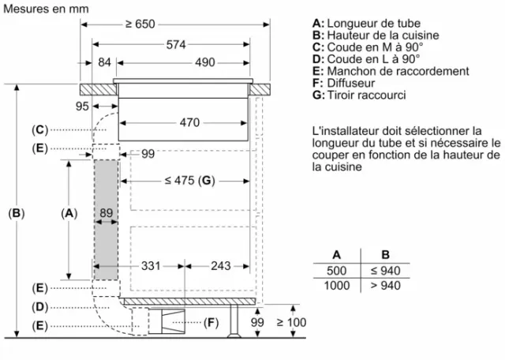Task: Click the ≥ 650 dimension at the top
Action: click(140, 24)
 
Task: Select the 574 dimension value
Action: click(176, 44)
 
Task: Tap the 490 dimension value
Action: click(205, 62)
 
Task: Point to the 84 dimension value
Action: click(104, 62)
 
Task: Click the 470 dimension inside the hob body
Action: click(189, 122)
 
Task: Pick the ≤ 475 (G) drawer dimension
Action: click(189, 181)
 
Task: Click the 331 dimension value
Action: click(151, 266)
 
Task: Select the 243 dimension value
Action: click(221, 266)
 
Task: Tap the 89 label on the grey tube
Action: click(106, 212)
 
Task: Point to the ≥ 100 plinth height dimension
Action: click(291, 322)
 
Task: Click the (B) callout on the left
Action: click(17, 213)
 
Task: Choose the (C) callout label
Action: click(39, 130)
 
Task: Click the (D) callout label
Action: click(39, 307)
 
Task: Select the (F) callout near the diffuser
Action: click(211, 322)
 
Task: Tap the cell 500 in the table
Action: click(337, 271)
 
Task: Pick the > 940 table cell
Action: click(385, 286)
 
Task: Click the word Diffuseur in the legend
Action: click(351, 83)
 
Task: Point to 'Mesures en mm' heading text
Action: click(46, 9)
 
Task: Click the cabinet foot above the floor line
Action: click(234, 321)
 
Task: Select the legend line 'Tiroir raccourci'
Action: click(359, 95)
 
